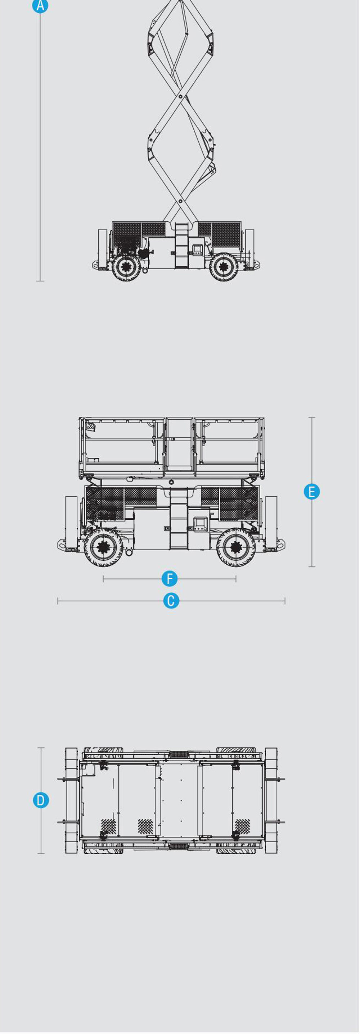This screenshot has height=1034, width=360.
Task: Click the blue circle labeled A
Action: [40, 6]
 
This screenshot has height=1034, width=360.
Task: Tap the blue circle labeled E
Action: [312, 492]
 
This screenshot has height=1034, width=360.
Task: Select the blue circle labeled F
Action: [169, 579]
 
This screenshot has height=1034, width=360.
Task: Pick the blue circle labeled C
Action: [171, 601]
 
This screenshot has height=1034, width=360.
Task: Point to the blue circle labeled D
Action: [41, 800]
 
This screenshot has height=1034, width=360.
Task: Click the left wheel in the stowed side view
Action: [104, 547]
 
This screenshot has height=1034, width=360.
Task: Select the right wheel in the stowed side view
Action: [236, 547]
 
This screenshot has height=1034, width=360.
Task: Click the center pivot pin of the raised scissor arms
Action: [181, 97]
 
